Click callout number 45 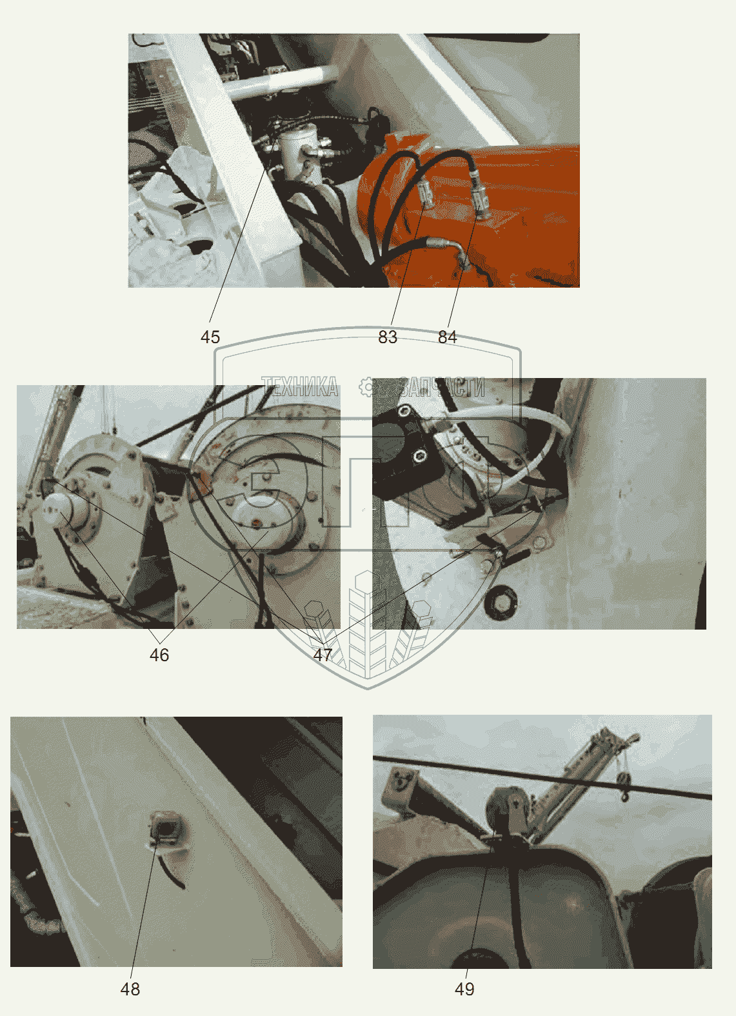pyautogui.click(x=210, y=337)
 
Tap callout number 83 pyautogui.click(x=388, y=337)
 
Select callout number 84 pyautogui.click(x=447, y=337)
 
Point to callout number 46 pyautogui.click(x=159, y=655)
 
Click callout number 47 pyautogui.click(x=323, y=655)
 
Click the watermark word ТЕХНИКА pyautogui.click(x=300, y=387)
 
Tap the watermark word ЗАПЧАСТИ pyautogui.click(x=442, y=387)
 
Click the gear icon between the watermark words pyautogui.click(x=367, y=387)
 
